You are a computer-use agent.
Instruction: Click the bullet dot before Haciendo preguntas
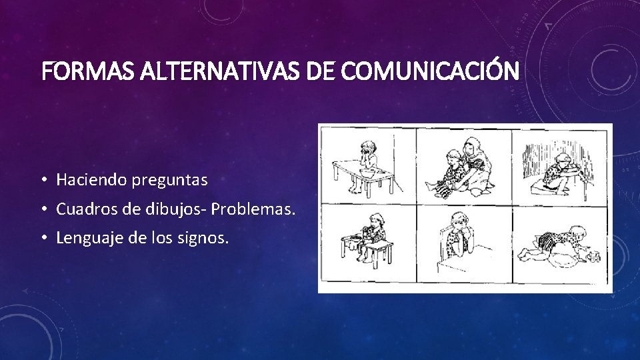click(x=42, y=180)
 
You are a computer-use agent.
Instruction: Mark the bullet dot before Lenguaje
click(x=42, y=238)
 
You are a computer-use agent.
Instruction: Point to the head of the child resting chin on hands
click(x=459, y=222)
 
